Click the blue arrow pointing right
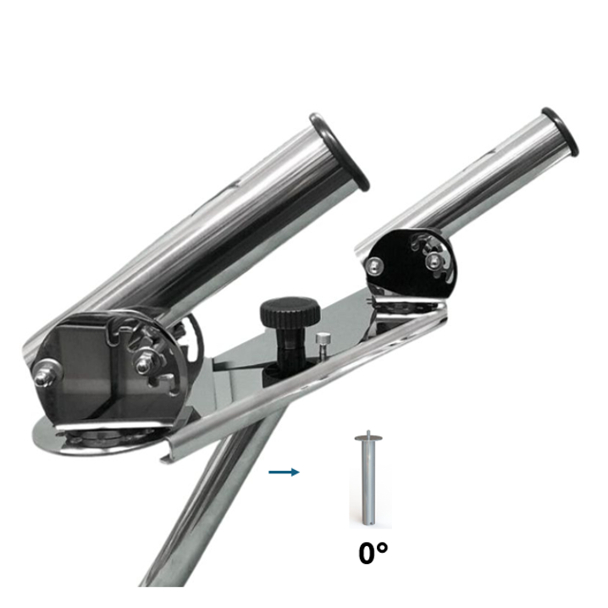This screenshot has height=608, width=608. point(285,472)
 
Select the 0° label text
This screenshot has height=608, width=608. point(373,553)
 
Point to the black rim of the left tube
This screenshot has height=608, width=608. point(338,152)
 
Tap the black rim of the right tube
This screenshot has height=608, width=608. point(560,132)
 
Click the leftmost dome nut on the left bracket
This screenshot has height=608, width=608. point(46,375)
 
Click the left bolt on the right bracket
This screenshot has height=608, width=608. point(374,266)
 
